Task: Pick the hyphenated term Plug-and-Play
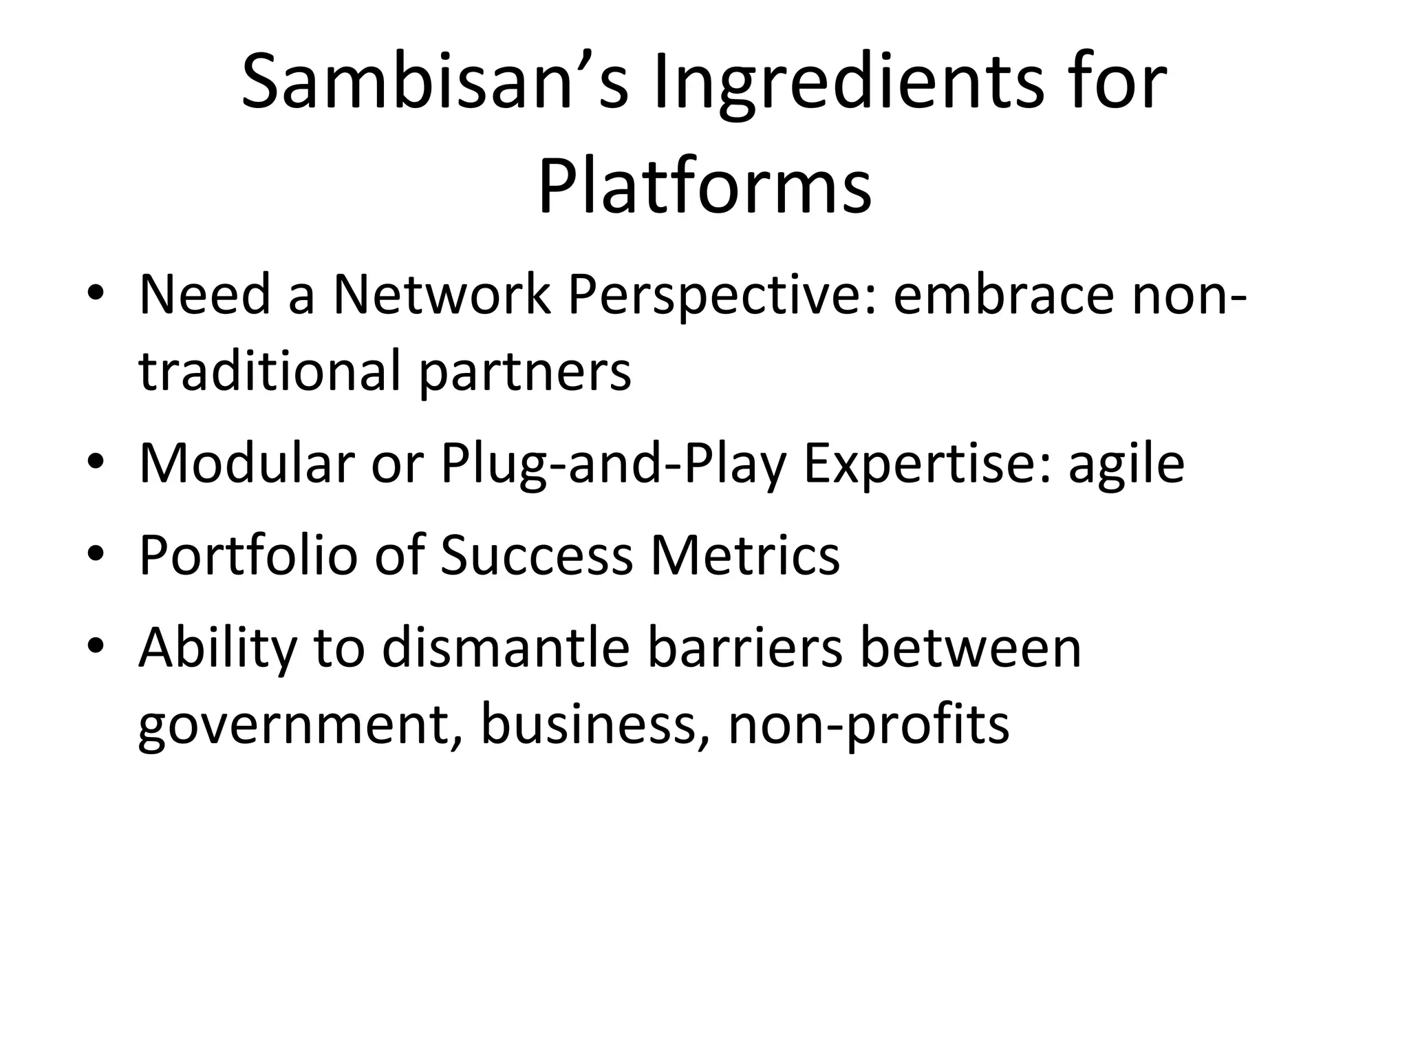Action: point(613,462)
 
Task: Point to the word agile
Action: point(1126,462)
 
